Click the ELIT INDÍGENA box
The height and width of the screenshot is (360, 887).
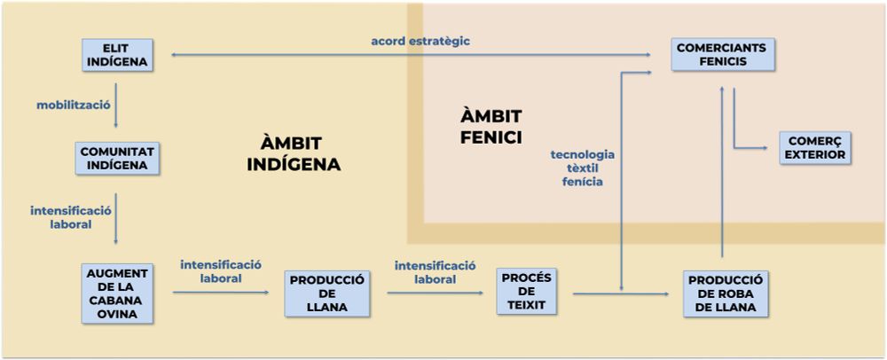(115, 55)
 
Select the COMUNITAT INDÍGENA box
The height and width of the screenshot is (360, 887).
(116, 158)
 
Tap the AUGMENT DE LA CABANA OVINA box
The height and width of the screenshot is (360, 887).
(116, 293)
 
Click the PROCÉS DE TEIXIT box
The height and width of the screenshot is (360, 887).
(526, 291)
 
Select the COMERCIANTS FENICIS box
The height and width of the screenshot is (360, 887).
(723, 55)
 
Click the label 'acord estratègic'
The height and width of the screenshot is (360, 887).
(420, 41)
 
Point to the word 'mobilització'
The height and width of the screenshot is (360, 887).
(73, 105)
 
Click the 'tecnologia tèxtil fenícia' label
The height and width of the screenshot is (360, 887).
(582, 167)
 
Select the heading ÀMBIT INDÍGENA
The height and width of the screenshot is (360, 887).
(293, 153)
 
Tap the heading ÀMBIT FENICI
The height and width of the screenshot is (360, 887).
(491, 126)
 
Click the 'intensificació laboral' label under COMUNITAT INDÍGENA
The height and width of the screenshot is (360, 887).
(71, 217)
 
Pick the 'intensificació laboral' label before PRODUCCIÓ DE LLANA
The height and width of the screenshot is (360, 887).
(221, 271)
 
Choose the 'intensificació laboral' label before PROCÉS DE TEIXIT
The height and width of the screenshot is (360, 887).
(435, 271)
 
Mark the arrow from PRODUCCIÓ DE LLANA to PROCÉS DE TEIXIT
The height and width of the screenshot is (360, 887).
(432, 292)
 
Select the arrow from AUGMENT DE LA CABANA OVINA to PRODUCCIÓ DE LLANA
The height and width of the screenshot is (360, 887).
(220, 292)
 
